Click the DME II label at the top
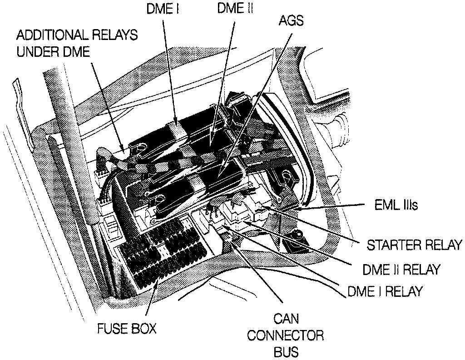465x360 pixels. click(x=235, y=9)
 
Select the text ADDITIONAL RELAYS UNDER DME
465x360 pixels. click(x=77, y=43)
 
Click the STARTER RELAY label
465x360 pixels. click(x=414, y=245)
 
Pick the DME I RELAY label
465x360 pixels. click(x=385, y=291)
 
